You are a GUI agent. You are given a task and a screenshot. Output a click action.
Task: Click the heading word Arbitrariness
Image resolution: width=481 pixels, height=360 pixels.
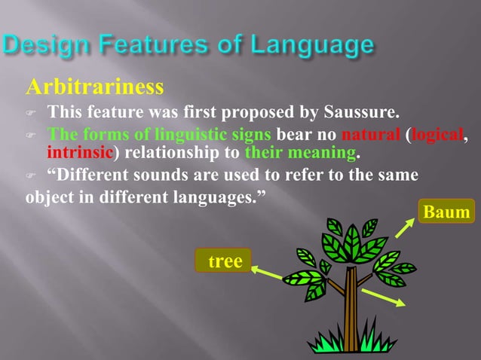pos(94,87)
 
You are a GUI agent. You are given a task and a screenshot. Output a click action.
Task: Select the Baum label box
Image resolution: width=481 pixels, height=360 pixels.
pos(446,212)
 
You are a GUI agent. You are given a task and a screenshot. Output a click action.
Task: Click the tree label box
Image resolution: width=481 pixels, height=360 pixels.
pos(223,261)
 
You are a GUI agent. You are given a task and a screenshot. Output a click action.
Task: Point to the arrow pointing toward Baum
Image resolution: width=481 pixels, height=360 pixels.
pos(405,228)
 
